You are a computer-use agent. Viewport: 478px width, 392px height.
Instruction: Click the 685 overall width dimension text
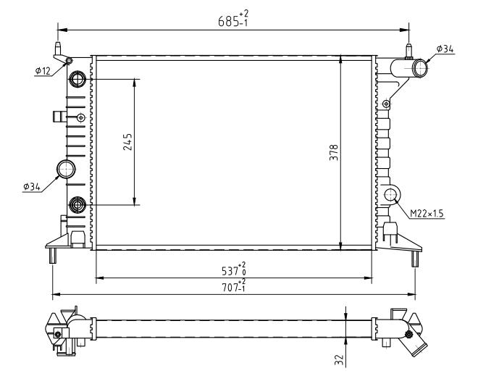click(x=233, y=18)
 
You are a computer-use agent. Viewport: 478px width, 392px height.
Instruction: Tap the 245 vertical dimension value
click(x=127, y=142)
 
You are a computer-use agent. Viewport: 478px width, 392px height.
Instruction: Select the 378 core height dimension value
click(x=334, y=153)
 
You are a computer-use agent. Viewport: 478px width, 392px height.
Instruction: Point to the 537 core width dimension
click(x=233, y=269)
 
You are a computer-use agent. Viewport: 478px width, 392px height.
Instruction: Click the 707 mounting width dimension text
click(x=233, y=285)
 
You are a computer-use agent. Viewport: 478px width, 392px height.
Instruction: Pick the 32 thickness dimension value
click(x=339, y=360)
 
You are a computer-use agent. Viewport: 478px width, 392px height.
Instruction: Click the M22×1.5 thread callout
click(x=427, y=214)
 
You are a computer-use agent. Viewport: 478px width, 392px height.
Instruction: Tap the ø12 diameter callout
click(x=43, y=71)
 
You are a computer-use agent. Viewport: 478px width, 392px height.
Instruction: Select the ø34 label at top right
click(x=445, y=49)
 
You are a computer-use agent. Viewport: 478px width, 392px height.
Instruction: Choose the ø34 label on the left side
click(x=32, y=186)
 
